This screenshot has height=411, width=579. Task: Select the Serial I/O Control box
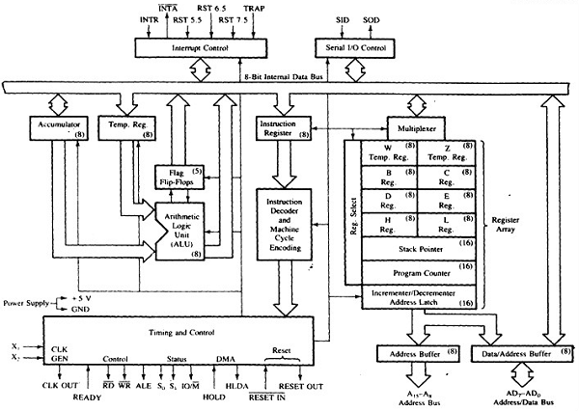click(x=352, y=46)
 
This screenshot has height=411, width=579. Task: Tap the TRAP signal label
click(x=282, y=8)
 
